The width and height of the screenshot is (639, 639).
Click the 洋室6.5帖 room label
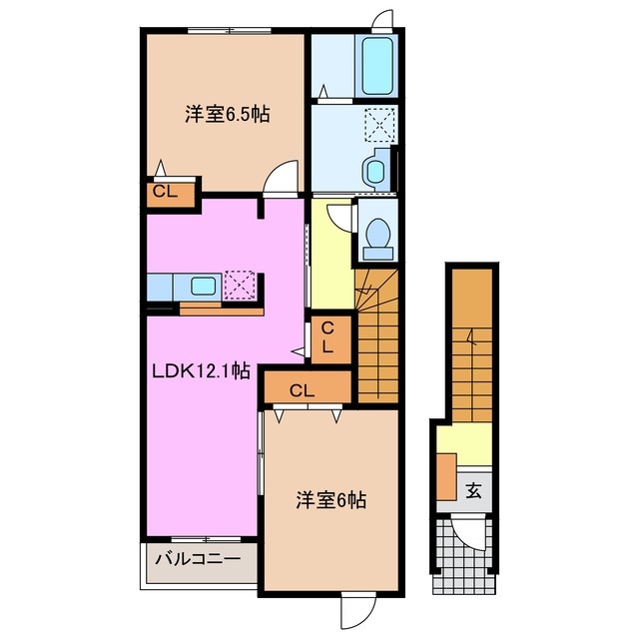227,114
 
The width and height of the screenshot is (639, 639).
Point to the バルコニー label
196,561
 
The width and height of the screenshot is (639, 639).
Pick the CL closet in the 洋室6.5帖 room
164,193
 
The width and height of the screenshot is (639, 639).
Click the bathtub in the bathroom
378,67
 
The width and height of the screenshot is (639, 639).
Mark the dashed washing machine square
377,125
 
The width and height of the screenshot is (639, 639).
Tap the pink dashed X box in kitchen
241,285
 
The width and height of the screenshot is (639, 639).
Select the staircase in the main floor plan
377,334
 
